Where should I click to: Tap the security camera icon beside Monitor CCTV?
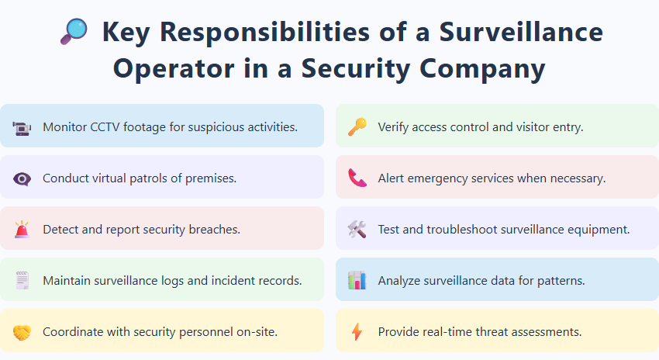click(x=22, y=126)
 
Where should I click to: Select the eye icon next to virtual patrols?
click(x=22, y=178)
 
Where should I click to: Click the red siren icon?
click(x=22, y=230)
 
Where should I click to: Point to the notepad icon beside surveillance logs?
click(x=22, y=280)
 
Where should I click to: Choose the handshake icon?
click(x=22, y=332)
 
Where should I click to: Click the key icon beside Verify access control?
click(x=357, y=126)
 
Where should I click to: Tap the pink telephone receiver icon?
click(x=357, y=178)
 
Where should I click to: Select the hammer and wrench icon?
click(x=357, y=230)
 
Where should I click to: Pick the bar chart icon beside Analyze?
click(x=357, y=280)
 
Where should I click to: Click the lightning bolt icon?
click(x=357, y=332)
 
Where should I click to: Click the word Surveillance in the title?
click(x=522, y=33)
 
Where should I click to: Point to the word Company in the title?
click(x=473, y=67)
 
